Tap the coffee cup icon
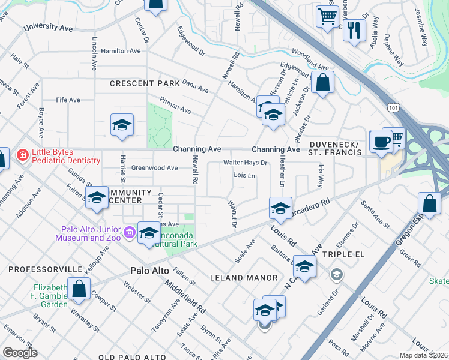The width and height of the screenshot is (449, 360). pos(381,142)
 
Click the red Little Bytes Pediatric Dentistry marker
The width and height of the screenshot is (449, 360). pos(22,155)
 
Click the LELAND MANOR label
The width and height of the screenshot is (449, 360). pos(244,278)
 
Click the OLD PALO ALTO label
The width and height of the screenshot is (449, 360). pos(132,357)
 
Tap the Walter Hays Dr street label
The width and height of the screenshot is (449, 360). pos(245,163)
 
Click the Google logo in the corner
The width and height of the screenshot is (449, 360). pos(20,353)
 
